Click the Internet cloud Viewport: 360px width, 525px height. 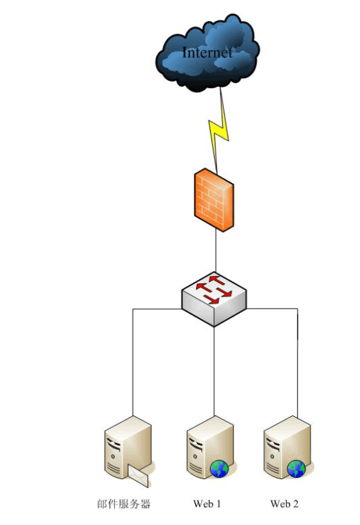(x=207, y=53)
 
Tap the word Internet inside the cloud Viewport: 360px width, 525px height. (x=207, y=53)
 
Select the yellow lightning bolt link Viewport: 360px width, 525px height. (x=219, y=131)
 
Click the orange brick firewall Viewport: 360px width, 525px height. (x=214, y=200)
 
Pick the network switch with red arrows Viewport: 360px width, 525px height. (x=214, y=298)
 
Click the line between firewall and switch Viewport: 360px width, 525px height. (x=216, y=251)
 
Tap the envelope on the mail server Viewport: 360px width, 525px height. (x=138, y=475)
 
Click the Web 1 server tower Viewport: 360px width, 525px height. (x=210, y=447)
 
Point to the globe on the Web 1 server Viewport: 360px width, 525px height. (x=219, y=469)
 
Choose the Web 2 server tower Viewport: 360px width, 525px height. (x=287, y=447)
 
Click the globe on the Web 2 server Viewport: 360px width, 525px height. (x=296, y=469)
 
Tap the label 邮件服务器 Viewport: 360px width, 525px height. (x=124, y=504)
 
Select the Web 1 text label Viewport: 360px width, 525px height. (x=207, y=504)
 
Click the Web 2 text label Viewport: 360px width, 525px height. (x=284, y=504)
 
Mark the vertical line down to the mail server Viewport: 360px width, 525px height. (x=133, y=362)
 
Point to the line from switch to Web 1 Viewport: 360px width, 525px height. (x=214, y=371)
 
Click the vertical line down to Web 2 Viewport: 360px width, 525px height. (x=298, y=362)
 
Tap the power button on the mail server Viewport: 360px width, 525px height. (x=113, y=457)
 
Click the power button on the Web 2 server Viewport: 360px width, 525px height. (x=272, y=457)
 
